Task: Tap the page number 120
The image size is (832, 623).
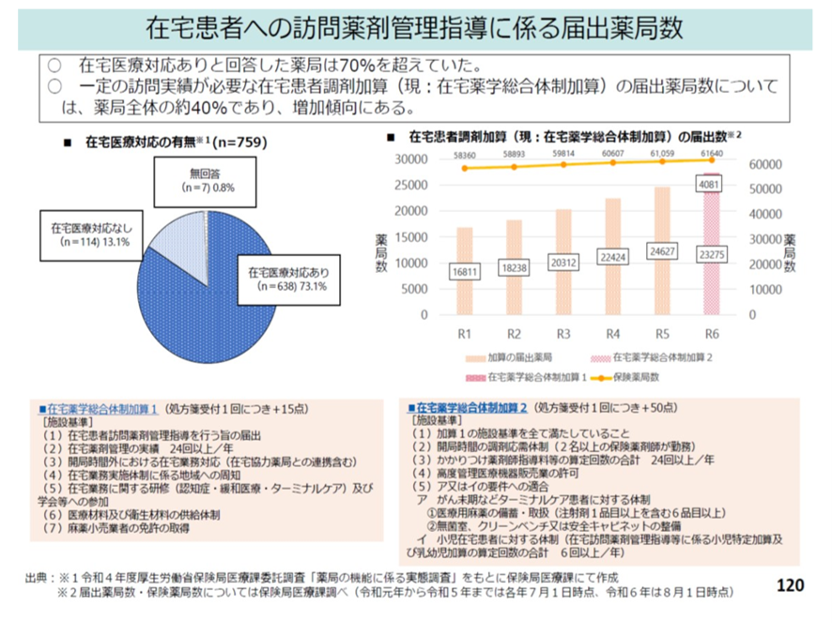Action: tap(790, 585)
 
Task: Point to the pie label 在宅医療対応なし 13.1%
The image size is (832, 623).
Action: tap(85, 234)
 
